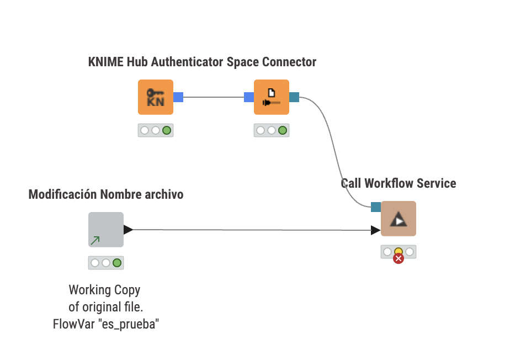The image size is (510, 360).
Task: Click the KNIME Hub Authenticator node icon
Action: pyautogui.click(x=155, y=97)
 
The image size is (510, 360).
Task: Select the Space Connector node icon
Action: pyautogui.click(x=271, y=97)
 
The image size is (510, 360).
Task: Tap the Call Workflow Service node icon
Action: pyautogui.click(x=398, y=219)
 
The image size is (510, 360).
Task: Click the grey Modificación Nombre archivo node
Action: pyautogui.click(x=106, y=230)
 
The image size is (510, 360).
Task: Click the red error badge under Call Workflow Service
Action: pyautogui.click(x=398, y=258)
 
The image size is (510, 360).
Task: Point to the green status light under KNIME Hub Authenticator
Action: pyautogui.click(x=166, y=130)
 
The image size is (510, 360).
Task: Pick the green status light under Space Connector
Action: pyautogui.click(x=283, y=130)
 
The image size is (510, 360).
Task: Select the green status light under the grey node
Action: pyautogui.click(x=117, y=263)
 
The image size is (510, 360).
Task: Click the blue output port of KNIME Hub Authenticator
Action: pyautogui.click(x=178, y=97)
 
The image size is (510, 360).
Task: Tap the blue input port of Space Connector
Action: pyautogui.click(x=249, y=97)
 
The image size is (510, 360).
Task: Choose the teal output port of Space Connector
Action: pyautogui.click(x=294, y=97)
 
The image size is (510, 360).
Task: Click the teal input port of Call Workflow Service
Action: pyautogui.click(x=376, y=207)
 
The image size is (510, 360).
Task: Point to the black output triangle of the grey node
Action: pyautogui.click(x=128, y=229)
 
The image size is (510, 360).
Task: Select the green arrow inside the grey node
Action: pyautogui.click(x=95, y=240)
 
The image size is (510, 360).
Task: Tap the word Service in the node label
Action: pyautogui.click(x=437, y=183)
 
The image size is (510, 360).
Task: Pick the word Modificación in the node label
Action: pyautogui.click(x=63, y=194)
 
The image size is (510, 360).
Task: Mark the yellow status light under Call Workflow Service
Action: pyautogui.click(x=398, y=252)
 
